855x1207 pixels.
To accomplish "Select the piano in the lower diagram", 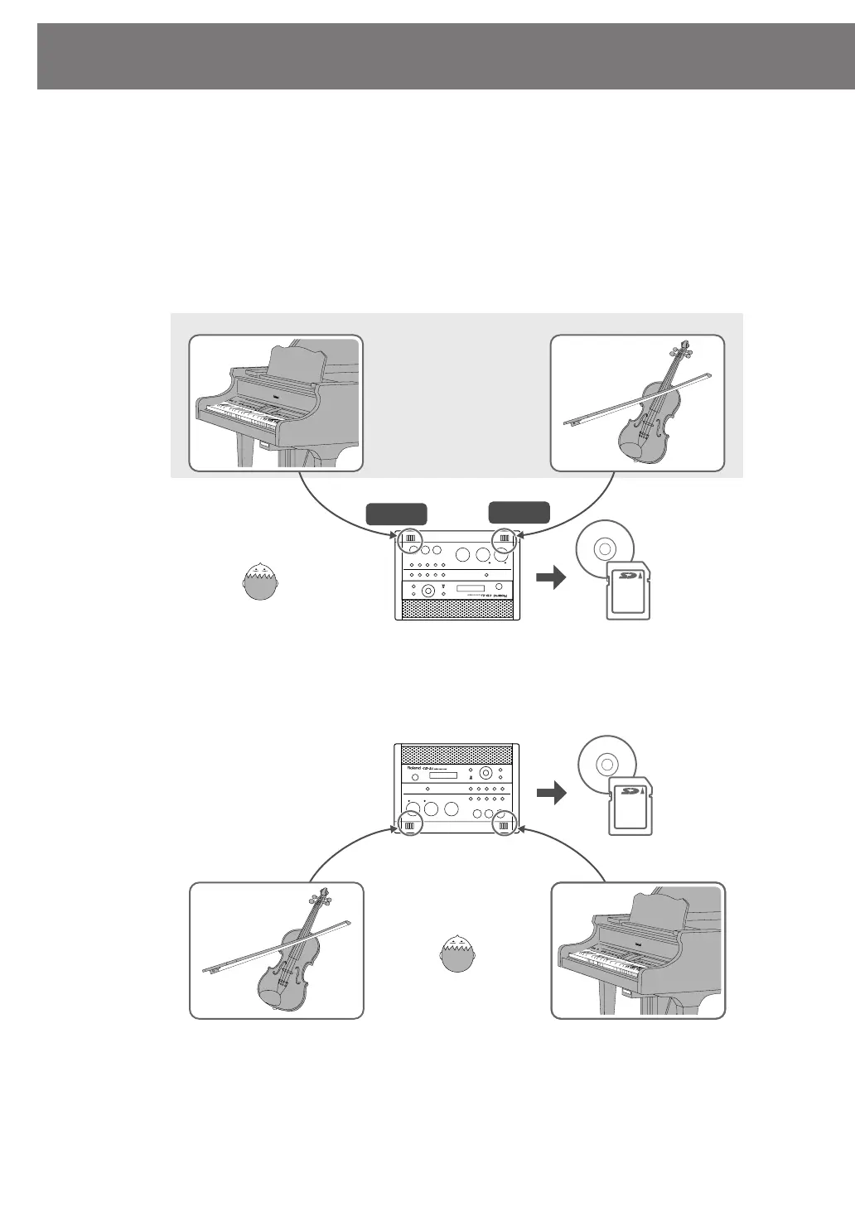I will coord(638,953).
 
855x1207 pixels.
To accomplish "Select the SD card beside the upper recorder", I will coord(630,589).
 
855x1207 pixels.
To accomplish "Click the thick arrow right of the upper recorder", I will coord(550,577).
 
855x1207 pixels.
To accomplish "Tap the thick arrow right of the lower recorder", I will coord(550,793).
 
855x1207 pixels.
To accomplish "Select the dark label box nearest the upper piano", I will coord(396,514).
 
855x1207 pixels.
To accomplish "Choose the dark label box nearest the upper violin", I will coord(519,512).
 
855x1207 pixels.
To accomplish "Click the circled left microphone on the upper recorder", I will coord(410,541).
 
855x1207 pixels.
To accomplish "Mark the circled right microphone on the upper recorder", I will coord(503,541).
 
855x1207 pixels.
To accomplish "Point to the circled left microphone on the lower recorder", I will coord(410,823).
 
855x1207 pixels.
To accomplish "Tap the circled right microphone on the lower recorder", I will coord(503,823).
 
